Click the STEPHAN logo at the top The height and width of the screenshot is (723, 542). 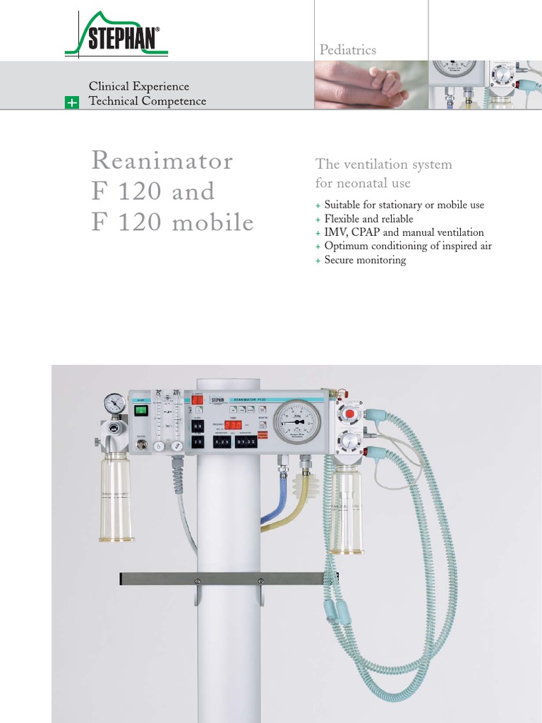tap(117, 37)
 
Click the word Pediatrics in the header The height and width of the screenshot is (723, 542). tap(348, 50)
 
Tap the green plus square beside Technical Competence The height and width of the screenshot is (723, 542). tap(71, 102)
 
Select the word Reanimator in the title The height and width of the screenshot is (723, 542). tap(162, 160)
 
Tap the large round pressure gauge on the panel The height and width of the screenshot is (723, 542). tap(296, 422)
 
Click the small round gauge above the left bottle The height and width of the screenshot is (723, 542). tap(114, 403)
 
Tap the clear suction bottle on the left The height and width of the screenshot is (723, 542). tap(116, 498)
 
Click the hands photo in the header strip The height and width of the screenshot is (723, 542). tap(371, 84)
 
